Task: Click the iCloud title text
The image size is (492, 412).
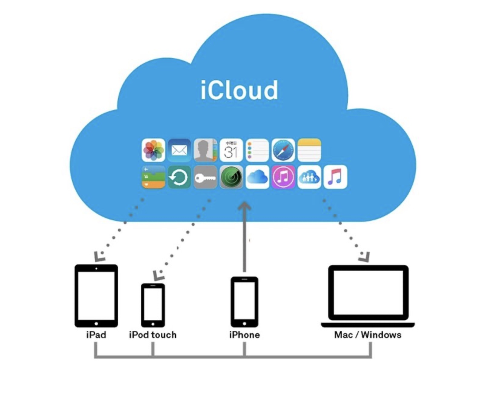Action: click(239, 90)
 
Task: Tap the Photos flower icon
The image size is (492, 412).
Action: click(153, 150)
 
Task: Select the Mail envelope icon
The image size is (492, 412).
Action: click(179, 150)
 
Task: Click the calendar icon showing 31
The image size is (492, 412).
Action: click(231, 150)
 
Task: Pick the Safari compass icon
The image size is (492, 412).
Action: click(283, 150)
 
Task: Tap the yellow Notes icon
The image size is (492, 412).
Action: click(309, 150)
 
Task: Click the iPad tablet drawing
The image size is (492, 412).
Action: click(96, 296)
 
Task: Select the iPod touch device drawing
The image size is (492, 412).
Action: click(153, 305)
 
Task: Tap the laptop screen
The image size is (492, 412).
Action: click(368, 293)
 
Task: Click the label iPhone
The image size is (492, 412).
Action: click(244, 335)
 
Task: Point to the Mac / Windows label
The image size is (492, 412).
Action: click(368, 335)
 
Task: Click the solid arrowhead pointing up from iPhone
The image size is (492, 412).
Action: click(244, 207)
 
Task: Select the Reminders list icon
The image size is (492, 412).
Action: click(257, 150)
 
